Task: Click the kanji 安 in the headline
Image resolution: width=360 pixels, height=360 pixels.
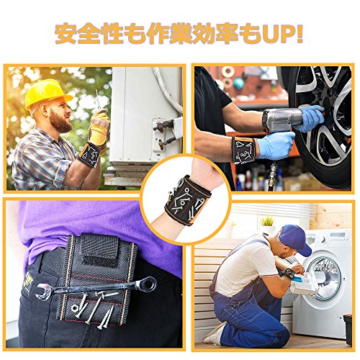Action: click(x=66, y=34)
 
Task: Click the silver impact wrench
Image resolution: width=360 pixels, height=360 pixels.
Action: click(x=283, y=120)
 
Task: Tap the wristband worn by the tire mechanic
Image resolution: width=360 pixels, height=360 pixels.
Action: click(x=243, y=150)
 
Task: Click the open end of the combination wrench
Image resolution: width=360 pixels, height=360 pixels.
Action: click(x=44, y=292)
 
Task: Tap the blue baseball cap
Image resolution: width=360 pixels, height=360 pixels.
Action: click(x=295, y=239)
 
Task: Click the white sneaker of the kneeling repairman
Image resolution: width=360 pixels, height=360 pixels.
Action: click(x=214, y=334)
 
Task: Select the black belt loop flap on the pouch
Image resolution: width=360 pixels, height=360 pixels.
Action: click(x=99, y=250)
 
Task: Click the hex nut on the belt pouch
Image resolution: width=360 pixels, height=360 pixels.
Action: click(x=74, y=307)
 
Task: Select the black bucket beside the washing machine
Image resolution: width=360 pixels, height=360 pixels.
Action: click(x=348, y=330)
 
